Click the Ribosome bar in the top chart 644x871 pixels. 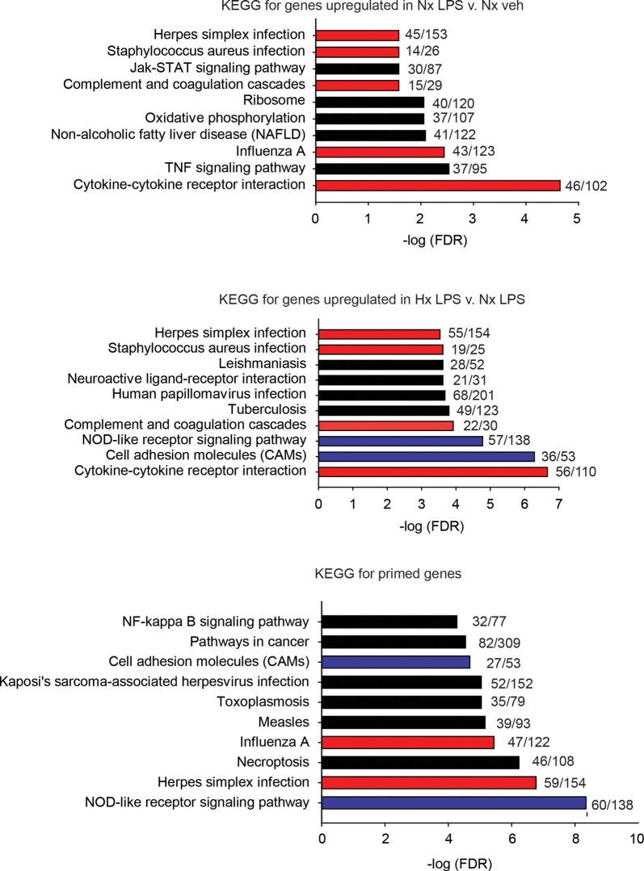point(369,102)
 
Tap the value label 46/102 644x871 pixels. point(585,186)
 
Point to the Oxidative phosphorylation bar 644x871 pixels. point(369,119)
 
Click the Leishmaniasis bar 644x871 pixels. point(381,364)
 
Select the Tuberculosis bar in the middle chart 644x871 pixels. point(384,410)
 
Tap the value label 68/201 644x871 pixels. point(474,395)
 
